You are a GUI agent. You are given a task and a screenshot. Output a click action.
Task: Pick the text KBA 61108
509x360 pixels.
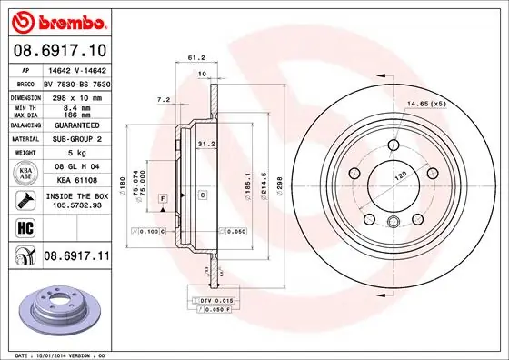75,180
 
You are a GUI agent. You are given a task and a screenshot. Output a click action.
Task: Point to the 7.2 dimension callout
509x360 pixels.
165,99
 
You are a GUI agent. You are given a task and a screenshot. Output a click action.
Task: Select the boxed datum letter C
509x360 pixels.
203,195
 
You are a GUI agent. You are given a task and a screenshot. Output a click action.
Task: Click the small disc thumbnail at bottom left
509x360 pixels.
56,307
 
